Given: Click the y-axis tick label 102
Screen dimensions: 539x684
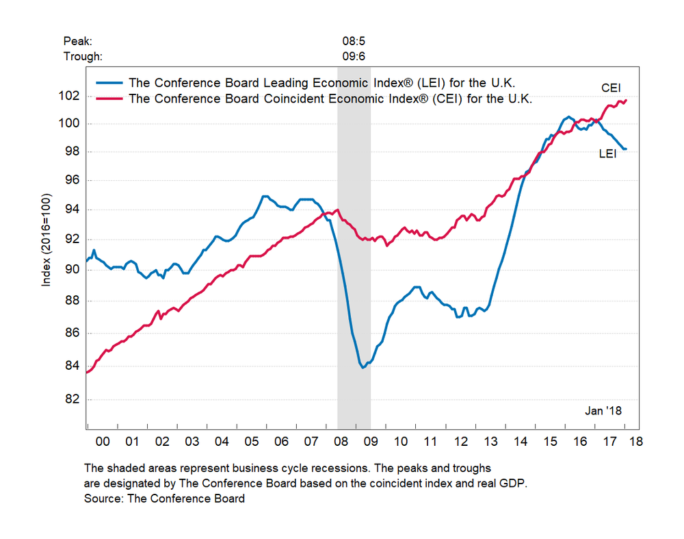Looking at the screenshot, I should (x=70, y=95).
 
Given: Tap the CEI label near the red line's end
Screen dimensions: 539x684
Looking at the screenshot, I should (x=611, y=88).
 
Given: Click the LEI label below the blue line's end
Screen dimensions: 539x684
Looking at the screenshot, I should (x=608, y=155).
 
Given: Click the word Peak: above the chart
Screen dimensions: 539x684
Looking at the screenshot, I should (x=77, y=41).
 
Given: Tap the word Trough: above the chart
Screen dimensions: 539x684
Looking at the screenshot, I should (x=82, y=56).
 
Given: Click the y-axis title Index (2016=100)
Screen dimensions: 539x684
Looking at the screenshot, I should (x=47, y=240).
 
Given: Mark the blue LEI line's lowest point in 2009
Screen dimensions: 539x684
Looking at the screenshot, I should (x=363, y=368).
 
